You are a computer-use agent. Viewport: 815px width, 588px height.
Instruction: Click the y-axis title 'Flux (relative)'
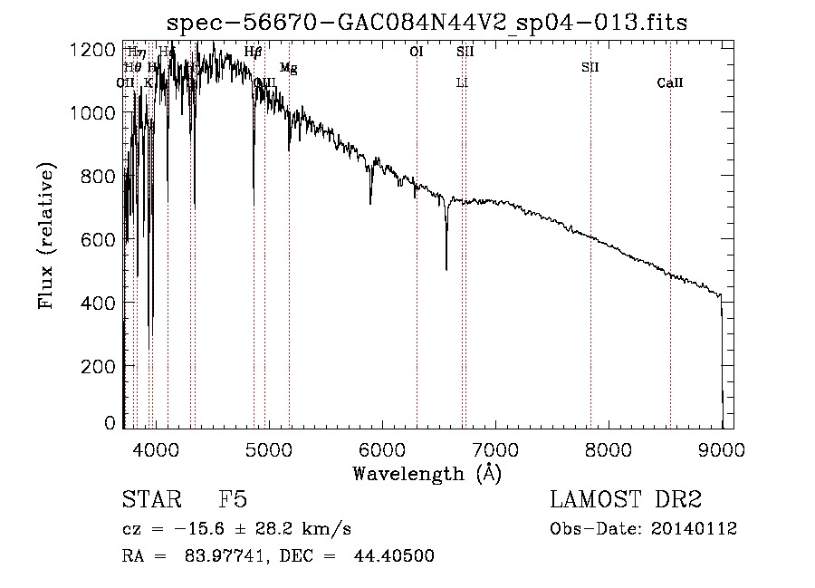pos(46,236)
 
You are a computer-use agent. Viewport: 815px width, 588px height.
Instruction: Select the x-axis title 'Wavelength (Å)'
pos(427,473)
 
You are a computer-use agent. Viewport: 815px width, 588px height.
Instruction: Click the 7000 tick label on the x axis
pos(495,448)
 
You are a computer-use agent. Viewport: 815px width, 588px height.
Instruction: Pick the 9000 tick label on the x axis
pos(722,448)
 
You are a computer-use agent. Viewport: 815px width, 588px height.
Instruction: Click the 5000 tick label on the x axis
pos(269,448)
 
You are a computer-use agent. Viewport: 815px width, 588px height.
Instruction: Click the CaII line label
pos(670,83)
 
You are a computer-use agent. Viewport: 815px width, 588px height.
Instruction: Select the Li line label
pos(462,83)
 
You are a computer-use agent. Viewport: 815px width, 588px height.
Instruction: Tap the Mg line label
pos(288,68)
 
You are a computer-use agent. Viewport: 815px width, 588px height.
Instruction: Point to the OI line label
pos(417,53)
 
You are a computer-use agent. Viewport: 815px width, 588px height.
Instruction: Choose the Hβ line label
pos(254,53)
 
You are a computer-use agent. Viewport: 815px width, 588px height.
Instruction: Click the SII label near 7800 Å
pos(590,68)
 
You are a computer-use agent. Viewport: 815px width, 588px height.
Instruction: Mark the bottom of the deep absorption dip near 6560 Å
pos(446,268)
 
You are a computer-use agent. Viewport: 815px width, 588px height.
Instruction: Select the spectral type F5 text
pos(233,501)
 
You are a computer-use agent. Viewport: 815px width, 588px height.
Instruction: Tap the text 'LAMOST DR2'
pos(626,501)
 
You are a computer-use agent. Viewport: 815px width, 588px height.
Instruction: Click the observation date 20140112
pos(694,529)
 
